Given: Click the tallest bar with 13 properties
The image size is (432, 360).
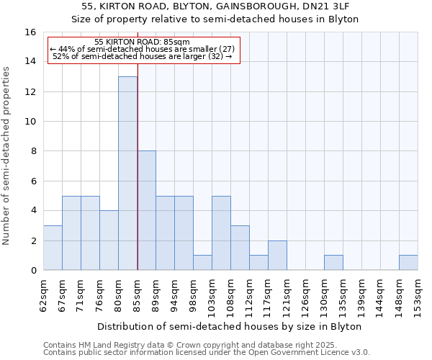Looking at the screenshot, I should pyautogui.click(x=127, y=173).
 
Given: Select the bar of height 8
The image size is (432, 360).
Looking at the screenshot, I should pyautogui.click(x=146, y=210).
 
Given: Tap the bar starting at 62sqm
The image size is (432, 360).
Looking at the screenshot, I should pyautogui.click(x=53, y=248).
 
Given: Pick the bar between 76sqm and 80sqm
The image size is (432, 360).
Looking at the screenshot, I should pyautogui.click(x=109, y=240).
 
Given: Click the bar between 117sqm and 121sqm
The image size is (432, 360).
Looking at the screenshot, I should pyautogui.click(x=277, y=256).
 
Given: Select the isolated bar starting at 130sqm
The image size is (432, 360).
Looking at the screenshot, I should pyautogui.click(x=333, y=263).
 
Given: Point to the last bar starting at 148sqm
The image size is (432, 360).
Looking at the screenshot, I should pyautogui.click(x=408, y=263).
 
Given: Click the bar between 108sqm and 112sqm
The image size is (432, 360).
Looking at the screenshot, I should pyautogui.click(x=240, y=248).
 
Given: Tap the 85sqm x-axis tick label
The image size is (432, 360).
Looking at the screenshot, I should pyautogui.click(x=137, y=293).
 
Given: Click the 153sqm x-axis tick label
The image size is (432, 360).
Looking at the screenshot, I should pyautogui.click(x=418, y=293).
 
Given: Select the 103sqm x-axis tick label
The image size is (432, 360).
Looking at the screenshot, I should pyautogui.click(x=212, y=293).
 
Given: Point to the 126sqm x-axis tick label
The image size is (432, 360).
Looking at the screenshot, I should pyautogui.click(x=305, y=293).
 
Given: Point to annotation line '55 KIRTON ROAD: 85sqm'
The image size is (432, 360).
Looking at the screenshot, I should pyautogui.click(x=142, y=42).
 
